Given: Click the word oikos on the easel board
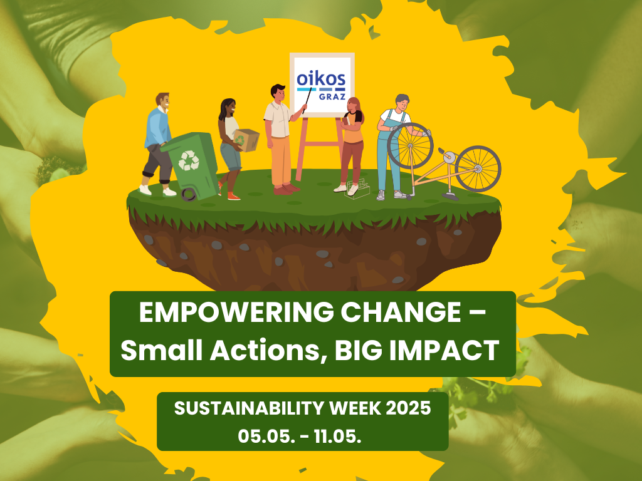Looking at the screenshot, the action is pos(321,78).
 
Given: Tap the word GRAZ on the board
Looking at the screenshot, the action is pos(332,97).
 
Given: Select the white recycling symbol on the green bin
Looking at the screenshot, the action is pos(189,160).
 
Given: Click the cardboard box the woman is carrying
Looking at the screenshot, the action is pos(246,140).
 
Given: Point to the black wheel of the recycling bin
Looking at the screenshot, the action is pos(188,194).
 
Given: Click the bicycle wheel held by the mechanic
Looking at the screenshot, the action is pos(410,146).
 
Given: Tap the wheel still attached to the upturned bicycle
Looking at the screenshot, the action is pos(478,168).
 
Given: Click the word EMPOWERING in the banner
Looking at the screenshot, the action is pos(236,313).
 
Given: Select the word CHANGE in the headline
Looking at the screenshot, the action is pos(401,313).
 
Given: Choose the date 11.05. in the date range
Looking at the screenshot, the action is pos(338,437).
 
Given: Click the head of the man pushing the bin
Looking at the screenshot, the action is pos(162,101).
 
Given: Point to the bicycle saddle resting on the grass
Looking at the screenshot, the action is pos(450,196).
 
